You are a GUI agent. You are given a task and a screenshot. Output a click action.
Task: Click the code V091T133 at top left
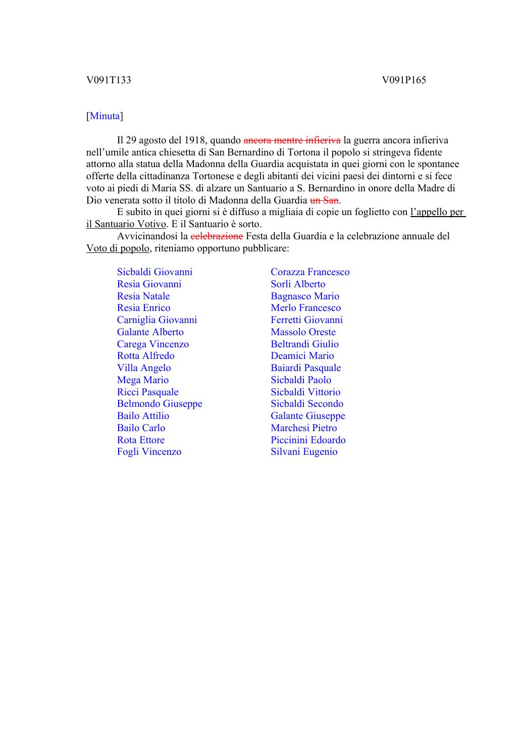(109, 80)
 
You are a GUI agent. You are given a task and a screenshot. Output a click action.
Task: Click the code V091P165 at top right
(404, 80)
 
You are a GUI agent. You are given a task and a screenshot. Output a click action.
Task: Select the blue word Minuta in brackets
(105, 116)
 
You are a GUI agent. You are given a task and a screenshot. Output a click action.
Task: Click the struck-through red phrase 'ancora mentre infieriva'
(292, 140)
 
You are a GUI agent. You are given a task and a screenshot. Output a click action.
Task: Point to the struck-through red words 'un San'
(324, 200)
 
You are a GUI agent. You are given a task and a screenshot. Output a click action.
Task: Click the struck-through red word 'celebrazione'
(217, 236)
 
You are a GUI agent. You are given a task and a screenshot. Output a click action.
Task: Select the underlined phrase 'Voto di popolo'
(118, 248)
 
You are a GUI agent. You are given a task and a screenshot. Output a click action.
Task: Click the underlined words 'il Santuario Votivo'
(126, 224)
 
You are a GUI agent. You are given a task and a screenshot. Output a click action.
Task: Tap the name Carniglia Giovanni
(157, 320)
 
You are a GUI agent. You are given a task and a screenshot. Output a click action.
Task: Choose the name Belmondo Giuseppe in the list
(160, 404)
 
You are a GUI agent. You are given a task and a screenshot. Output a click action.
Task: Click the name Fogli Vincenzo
(149, 452)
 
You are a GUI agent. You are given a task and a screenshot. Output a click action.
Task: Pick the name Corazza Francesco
(310, 272)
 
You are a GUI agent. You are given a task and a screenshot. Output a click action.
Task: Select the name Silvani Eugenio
(304, 452)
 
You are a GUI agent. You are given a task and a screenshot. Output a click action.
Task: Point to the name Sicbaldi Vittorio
(305, 392)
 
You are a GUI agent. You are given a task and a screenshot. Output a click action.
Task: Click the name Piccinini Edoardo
(308, 440)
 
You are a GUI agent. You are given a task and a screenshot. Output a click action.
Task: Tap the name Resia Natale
(143, 296)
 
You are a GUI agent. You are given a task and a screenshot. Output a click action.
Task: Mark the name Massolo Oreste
(303, 332)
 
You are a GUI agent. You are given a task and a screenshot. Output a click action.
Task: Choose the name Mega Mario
(143, 380)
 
